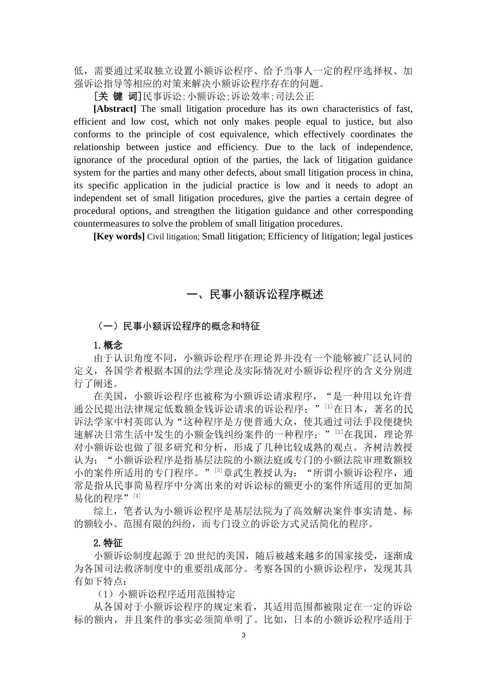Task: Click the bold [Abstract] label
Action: (x=115, y=109)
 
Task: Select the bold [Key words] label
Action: (x=119, y=236)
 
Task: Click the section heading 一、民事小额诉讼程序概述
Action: (x=255, y=294)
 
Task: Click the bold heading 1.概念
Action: (x=108, y=345)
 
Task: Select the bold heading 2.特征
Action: (x=108, y=543)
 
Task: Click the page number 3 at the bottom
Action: (x=243, y=635)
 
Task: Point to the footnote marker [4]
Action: (x=137, y=496)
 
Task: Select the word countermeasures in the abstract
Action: (x=106, y=224)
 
